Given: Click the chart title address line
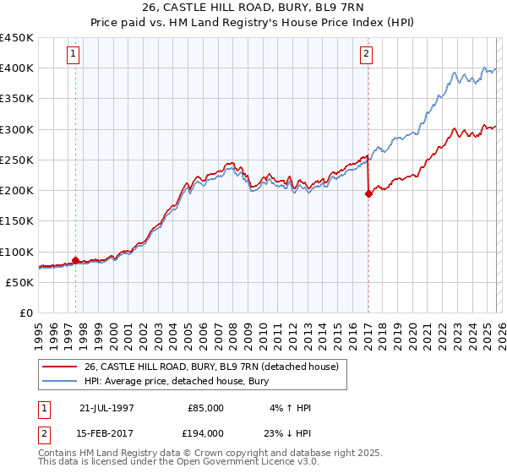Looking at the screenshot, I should (x=253, y=8).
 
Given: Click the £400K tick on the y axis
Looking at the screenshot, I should (x=17, y=68).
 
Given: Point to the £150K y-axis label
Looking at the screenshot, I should (x=17, y=221).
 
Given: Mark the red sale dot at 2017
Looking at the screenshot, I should (x=368, y=194).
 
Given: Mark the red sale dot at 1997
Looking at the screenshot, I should (x=76, y=261).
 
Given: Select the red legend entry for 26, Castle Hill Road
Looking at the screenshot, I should (x=211, y=367).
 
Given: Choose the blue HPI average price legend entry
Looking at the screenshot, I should (x=176, y=382).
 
